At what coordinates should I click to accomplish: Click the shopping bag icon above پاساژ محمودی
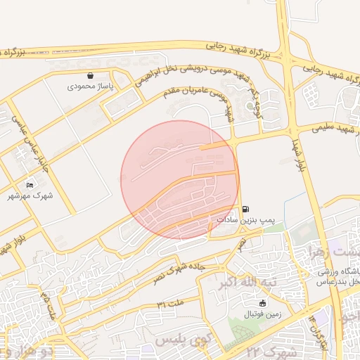tap(90, 76)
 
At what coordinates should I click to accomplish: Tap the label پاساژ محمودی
tap(90, 87)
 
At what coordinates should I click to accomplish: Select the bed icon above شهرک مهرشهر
tap(29, 186)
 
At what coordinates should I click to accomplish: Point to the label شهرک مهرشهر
tap(30, 196)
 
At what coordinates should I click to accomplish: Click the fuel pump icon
tap(245, 209)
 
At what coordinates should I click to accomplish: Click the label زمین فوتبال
tap(262, 314)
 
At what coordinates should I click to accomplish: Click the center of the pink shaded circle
tap(180, 180)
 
